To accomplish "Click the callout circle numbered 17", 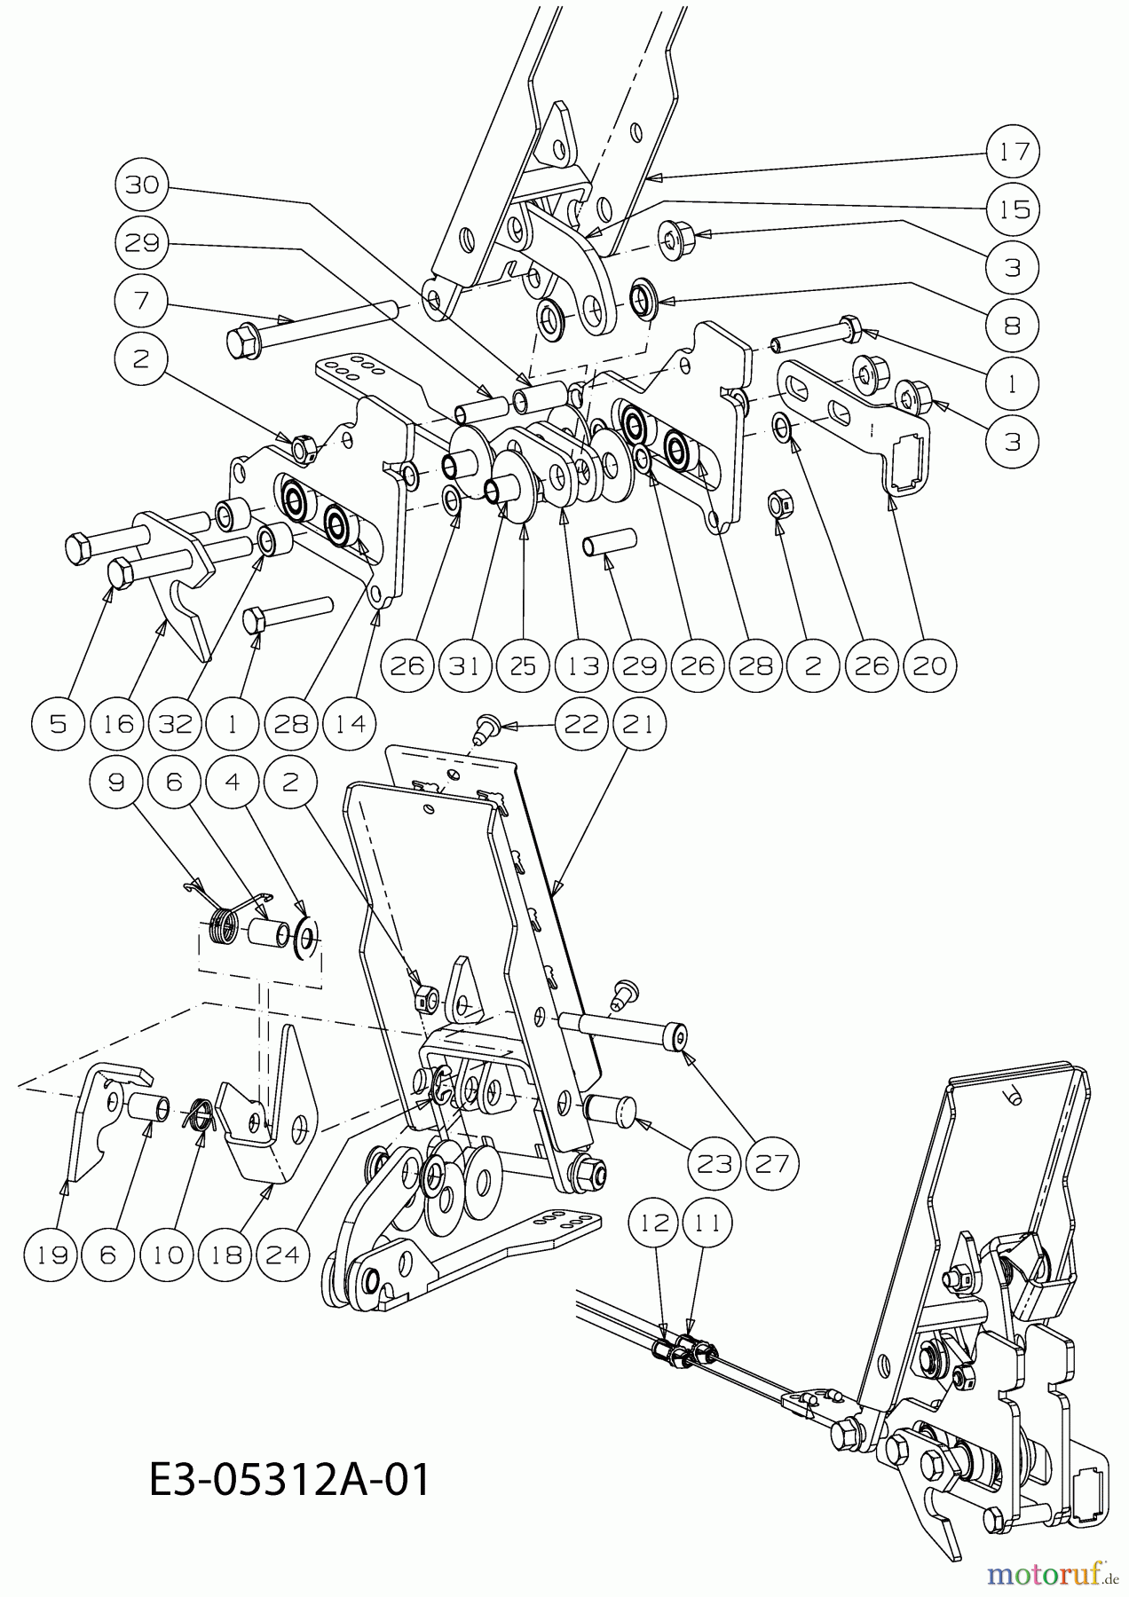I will point(1014,152).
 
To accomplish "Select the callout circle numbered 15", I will point(1014,209).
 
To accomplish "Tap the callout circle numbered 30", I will point(142,185).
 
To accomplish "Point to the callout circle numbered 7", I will point(142,302).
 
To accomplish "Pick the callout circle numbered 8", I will point(1014,326).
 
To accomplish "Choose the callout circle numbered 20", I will point(930,665).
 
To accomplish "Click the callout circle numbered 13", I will point(582,665).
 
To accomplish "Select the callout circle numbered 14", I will point(351,724).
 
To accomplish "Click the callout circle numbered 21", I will point(640,725).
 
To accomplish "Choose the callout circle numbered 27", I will point(771,1162).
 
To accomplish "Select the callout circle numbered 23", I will point(714,1162).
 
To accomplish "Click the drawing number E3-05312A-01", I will point(289,1480).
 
